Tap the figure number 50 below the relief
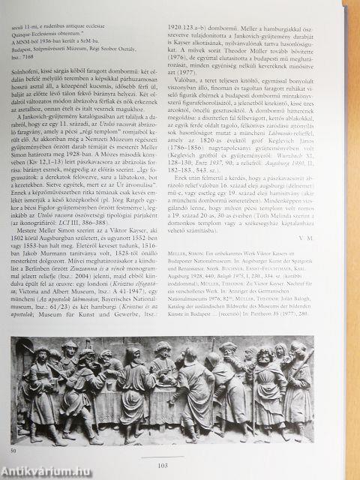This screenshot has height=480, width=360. point(13,451)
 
